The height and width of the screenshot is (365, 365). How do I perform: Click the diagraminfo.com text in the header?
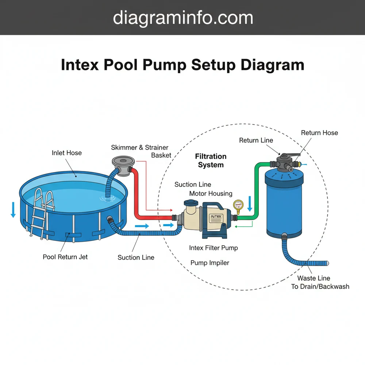click(182, 18)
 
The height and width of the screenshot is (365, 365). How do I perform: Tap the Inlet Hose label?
click(66, 153)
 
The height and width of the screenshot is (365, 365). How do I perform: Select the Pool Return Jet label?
click(65, 257)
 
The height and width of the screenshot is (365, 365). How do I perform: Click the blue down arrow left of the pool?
click(13, 210)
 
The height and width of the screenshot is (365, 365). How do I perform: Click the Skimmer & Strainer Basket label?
click(140, 151)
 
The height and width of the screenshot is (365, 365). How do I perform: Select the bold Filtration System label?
click(211, 161)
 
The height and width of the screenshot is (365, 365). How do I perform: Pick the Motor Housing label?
click(211, 193)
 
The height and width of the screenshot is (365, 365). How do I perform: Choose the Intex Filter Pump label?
click(214, 248)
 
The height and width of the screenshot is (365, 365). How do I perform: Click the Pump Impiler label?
click(210, 263)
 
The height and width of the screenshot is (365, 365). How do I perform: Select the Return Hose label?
click(319, 133)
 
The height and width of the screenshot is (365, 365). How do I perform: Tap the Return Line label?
click(256, 140)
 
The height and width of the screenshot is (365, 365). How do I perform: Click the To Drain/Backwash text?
click(320, 287)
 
